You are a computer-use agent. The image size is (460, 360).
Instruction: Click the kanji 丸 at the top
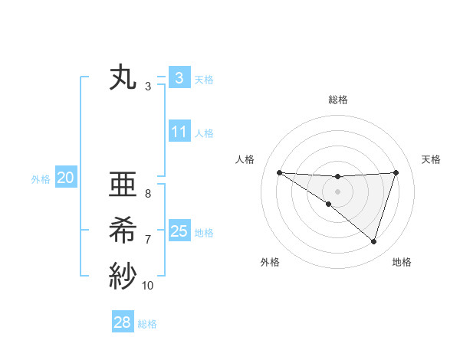pyautogui.click(x=123, y=78)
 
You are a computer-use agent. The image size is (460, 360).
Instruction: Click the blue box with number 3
pyautogui.click(x=179, y=78)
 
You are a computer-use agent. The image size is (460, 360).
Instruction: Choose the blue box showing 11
pyautogui.click(x=179, y=132)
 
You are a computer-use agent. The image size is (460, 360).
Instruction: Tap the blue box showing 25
pyautogui.click(x=179, y=231)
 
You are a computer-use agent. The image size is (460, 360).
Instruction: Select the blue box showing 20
pyautogui.click(x=65, y=178)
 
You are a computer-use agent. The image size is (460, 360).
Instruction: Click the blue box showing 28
pyautogui.click(x=123, y=322)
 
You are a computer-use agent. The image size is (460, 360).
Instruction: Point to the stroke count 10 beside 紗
pyautogui.click(x=148, y=286)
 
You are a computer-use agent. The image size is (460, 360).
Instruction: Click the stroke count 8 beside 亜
pyautogui.click(x=148, y=194)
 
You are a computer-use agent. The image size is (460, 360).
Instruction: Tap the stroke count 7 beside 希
pyautogui.click(x=148, y=240)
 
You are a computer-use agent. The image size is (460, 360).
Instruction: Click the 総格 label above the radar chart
pyautogui.click(x=338, y=100)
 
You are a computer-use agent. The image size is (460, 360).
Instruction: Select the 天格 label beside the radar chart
pyautogui.click(x=432, y=159)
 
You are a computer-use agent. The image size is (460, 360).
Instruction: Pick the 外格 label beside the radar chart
pyautogui.click(x=270, y=262)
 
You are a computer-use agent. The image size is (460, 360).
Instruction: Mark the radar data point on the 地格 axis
pyautogui.click(x=373, y=241)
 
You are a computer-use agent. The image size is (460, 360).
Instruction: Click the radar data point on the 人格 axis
pyautogui.click(x=279, y=172)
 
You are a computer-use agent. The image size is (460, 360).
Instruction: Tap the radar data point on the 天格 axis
pyautogui.click(x=396, y=172)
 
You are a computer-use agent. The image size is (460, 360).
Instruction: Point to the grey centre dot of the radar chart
pyautogui.click(x=337, y=191)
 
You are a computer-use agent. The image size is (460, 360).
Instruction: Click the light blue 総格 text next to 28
pyautogui.click(x=147, y=324)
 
